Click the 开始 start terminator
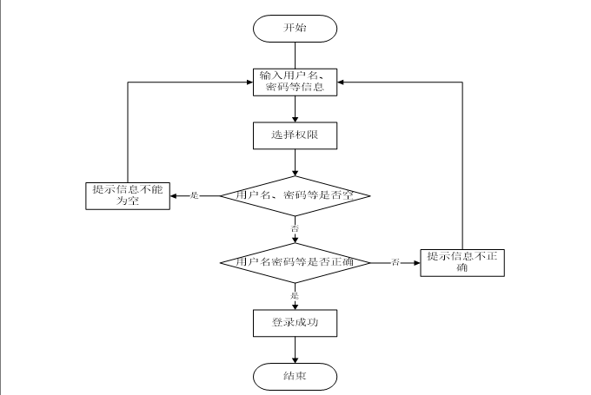[295, 28]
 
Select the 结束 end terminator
[295, 376]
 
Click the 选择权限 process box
[295, 135]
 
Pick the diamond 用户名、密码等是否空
[295, 195]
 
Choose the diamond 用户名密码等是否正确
[295, 261]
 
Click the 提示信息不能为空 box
[128, 195]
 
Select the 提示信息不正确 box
[462, 262]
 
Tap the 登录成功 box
[295, 322]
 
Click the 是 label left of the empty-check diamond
[194, 196]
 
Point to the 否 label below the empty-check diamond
[295, 228]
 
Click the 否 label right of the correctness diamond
[395, 262]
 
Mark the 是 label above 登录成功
[295, 295]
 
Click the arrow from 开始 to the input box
[295, 53]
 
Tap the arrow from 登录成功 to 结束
[295, 349]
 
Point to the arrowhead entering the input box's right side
[343, 82]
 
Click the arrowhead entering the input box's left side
[246, 82]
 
